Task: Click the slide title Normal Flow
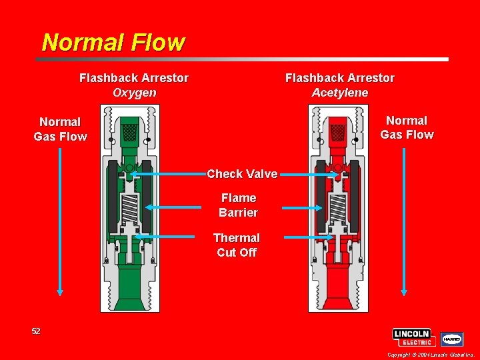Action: [113, 43]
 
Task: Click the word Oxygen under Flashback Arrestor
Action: [134, 93]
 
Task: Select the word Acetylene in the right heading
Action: [340, 93]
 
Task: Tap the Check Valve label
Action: [242, 174]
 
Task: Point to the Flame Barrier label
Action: [238, 205]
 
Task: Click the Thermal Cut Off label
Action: [237, 245]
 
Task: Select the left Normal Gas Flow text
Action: [60, 129]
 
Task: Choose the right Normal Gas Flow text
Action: [407, 127]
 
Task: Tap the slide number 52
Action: [36, 331]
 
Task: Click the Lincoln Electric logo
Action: [414, 337]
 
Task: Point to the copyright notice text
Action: [430, 355]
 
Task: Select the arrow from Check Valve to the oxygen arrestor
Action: [167, 174]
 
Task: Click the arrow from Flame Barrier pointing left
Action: [173, 208]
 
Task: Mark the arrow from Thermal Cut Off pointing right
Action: [308, 237]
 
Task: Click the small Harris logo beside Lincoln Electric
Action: [453, 339]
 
